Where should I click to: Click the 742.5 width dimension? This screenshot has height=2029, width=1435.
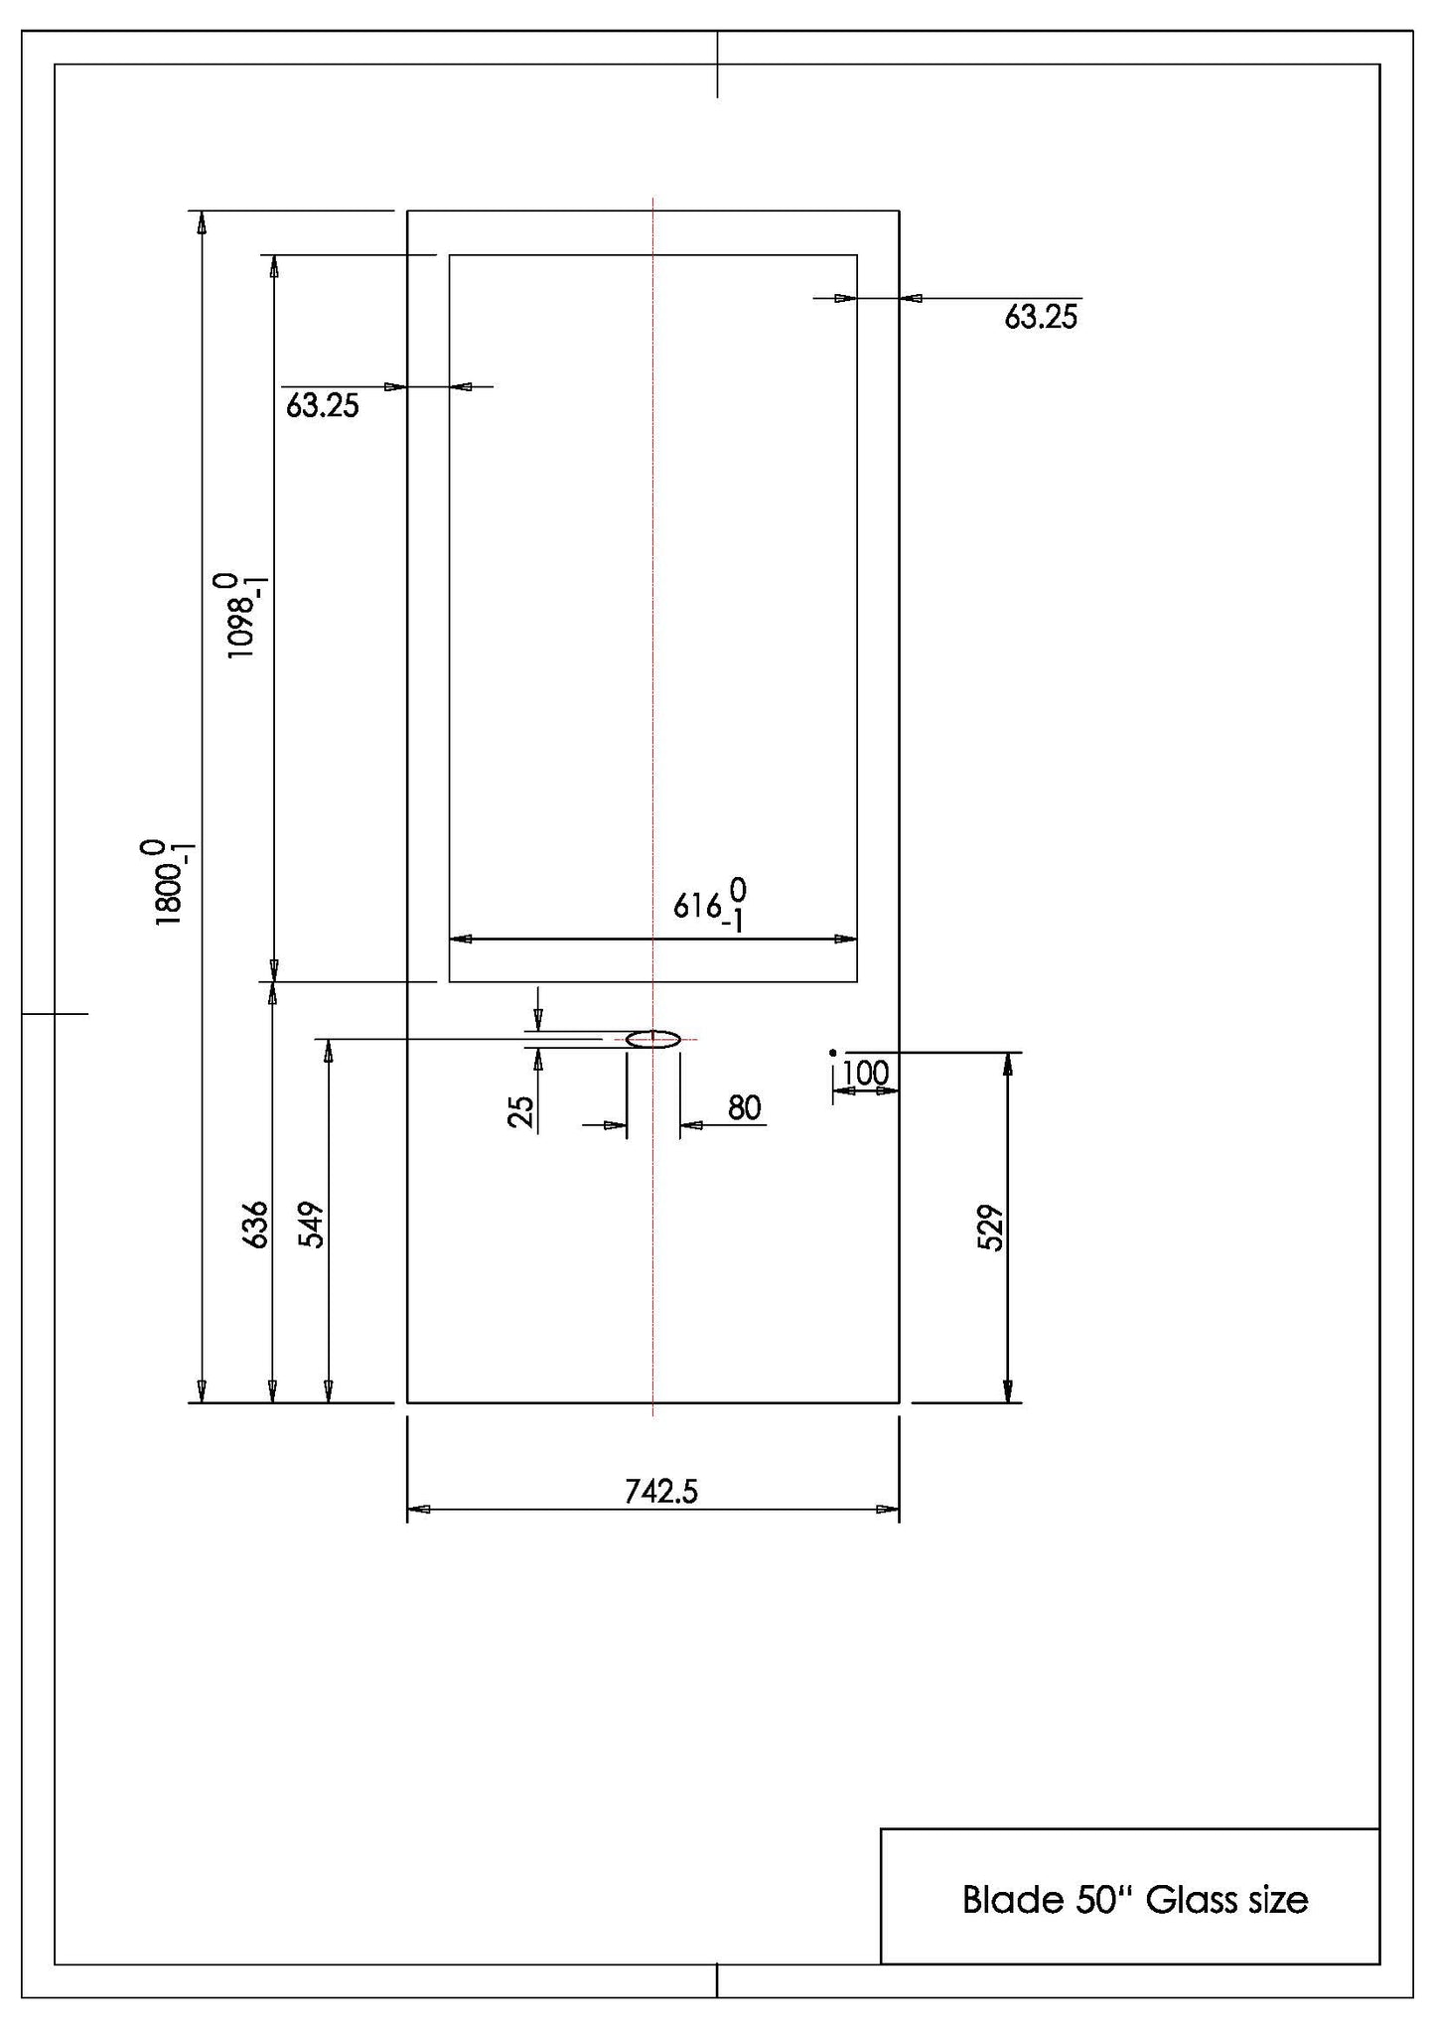click(x=661, y=1491)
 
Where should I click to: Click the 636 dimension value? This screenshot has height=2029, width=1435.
click(x=256, y=1225)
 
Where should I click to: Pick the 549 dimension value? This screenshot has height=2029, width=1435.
click(x=313, y=1225)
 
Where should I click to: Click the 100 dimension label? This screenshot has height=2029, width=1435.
click(x=865, y=1074)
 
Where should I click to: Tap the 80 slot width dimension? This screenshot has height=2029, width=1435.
click(x=745, y=1107)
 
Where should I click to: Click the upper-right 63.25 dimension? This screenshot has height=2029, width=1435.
click(x=1041, y=317)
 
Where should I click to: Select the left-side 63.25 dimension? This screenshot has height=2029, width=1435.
click(x=323, y=405)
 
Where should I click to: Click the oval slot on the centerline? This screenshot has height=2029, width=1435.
click(x=652, y=1040)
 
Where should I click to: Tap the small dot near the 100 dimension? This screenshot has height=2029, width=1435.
click(x=833, y=1052)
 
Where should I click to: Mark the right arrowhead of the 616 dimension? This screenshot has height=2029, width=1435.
click(x=846, y=939)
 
